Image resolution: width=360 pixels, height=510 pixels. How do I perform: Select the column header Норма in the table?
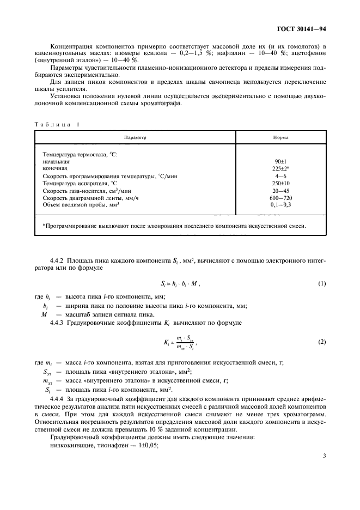pyautogui.click(x=281, y=138)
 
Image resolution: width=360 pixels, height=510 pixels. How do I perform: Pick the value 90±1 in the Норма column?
pyautogui.click(x=281, y=162)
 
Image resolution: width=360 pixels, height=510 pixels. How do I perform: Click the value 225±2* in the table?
pyautogui.click(x=281, y=169)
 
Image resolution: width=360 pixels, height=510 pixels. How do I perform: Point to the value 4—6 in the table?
pyautogui.click(x=281, y=176)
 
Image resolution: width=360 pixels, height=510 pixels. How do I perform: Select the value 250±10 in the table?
pyautogui.click(x=281, y=183)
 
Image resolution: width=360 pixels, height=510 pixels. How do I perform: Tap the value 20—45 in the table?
pyautogui.click(x=281, y=190)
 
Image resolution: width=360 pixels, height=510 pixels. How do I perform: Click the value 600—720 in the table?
pyautogui.click(x=281, y=197)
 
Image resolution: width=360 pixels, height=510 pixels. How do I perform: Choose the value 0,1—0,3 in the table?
pyautogui.click(x=281, y=204)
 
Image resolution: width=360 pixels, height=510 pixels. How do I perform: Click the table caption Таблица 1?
pyautogui.click(x=57, y=124)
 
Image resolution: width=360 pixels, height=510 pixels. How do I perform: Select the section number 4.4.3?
pyautogui.click(x=57, y=324)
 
